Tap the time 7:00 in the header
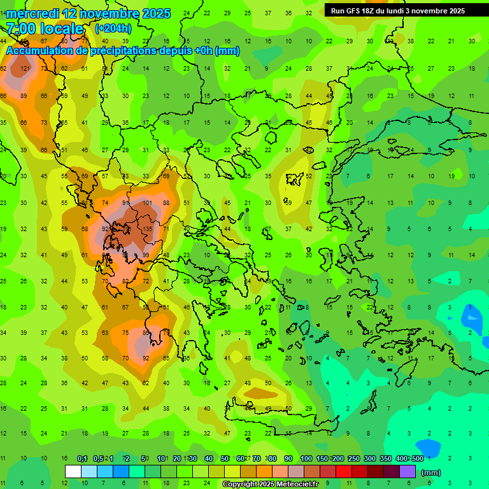coord(22,29)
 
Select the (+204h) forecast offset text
coord(113,29)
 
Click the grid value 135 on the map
coord(148,229)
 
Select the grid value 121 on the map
coord(25,68)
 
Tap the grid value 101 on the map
coord(147,203)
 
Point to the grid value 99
coord(146,255)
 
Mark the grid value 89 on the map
coord(24,96)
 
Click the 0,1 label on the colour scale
coord(81,458)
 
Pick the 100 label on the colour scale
coord(306,458)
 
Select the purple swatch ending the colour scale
coord(407,472)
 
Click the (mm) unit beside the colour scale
coord(431,472)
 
